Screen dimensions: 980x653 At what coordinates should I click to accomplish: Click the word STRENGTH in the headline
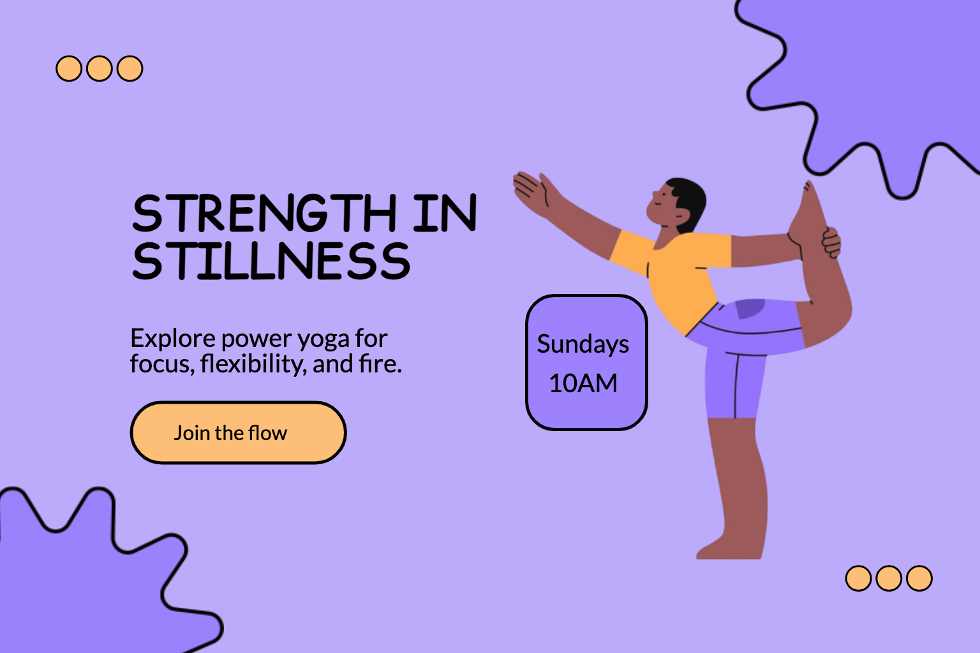point(264,213)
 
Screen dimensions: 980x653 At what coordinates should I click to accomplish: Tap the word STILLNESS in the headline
point(271,261)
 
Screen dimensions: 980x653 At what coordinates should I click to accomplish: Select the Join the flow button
point(239,432)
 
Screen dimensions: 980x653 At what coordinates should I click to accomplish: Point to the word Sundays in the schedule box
point(583,344)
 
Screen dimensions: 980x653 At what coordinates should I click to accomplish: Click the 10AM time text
point(583,383)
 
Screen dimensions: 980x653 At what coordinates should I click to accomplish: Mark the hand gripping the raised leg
point(831,243)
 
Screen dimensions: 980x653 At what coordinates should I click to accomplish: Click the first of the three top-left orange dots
point(69,69)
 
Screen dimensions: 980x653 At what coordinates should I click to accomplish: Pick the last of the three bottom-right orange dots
point(919,578)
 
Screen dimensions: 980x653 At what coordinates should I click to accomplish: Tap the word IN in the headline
point(445,213)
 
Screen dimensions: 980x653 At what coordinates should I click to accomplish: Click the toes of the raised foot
point(808,187)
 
